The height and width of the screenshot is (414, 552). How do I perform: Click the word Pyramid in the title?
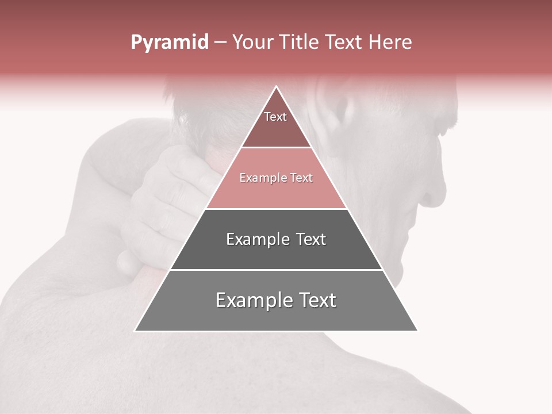(169, 43)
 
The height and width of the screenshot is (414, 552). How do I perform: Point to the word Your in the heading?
(252, 43)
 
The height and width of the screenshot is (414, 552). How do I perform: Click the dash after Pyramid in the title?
(220, 43)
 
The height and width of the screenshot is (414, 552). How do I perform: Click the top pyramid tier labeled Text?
(275, 124)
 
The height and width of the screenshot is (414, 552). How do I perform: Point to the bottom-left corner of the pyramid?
(135, 331)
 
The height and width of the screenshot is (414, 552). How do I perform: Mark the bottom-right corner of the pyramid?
(417, 331)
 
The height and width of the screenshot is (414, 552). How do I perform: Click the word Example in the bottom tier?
(248, 300)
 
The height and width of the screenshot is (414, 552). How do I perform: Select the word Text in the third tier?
(306, 239)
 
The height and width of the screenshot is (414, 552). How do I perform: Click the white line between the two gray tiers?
(276, 270)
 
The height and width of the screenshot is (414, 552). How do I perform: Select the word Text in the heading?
(343, 43)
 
